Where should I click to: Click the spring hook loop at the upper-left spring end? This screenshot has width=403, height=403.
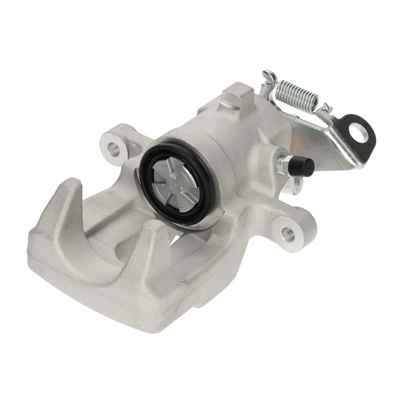[x=269, y=77]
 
